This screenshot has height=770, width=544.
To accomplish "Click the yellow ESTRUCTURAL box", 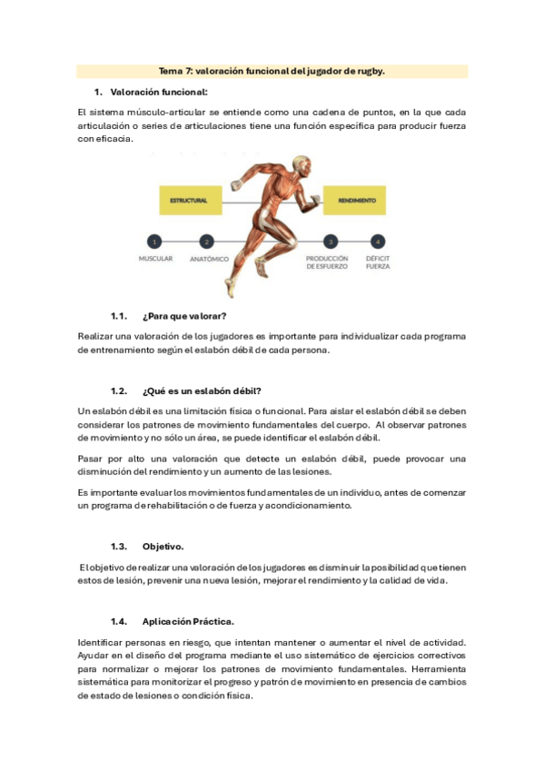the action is [189, 200].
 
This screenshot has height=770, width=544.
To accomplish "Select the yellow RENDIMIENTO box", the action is [357, 200].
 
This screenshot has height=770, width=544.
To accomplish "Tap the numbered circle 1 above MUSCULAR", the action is [155, 242].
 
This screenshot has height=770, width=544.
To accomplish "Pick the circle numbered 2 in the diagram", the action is [208, 242].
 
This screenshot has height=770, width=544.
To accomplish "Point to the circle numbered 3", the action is [331, 242].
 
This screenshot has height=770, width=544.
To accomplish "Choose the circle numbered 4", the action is [377, 242].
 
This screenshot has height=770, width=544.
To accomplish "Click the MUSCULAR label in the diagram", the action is [155, 259].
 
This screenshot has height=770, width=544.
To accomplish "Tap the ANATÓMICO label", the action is [209, 259].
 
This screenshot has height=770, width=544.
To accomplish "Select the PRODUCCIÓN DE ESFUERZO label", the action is [327, 263].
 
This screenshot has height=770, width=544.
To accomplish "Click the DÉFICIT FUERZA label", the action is [378, 263].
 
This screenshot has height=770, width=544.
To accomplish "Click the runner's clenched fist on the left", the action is [236, 185].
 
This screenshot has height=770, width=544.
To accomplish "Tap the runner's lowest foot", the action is [229, 289].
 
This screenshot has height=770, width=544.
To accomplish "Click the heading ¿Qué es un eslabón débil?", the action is [202, 391].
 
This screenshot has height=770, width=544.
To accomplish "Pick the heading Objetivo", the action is [163, 547].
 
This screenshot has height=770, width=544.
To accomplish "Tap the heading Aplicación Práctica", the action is [189, 622].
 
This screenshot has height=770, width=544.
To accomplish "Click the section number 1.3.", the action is [118, 547].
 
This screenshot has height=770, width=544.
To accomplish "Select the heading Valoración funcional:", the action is [158, 93].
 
